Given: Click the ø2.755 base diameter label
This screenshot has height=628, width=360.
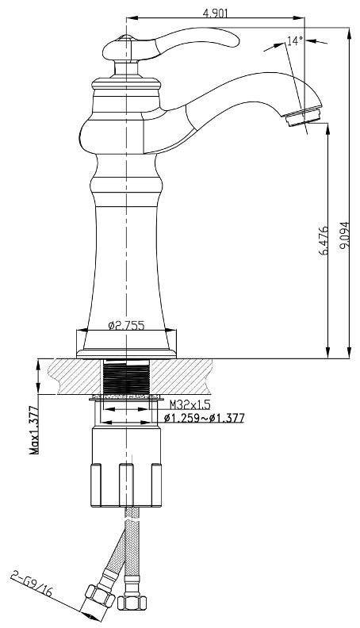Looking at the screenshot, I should tap(126, 325).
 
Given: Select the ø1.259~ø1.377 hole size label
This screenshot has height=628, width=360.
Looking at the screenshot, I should tap(203, 418).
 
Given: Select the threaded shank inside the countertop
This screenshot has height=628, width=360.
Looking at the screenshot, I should tap(127, 377).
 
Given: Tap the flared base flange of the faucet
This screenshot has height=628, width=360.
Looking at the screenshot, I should tap(125, 347).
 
